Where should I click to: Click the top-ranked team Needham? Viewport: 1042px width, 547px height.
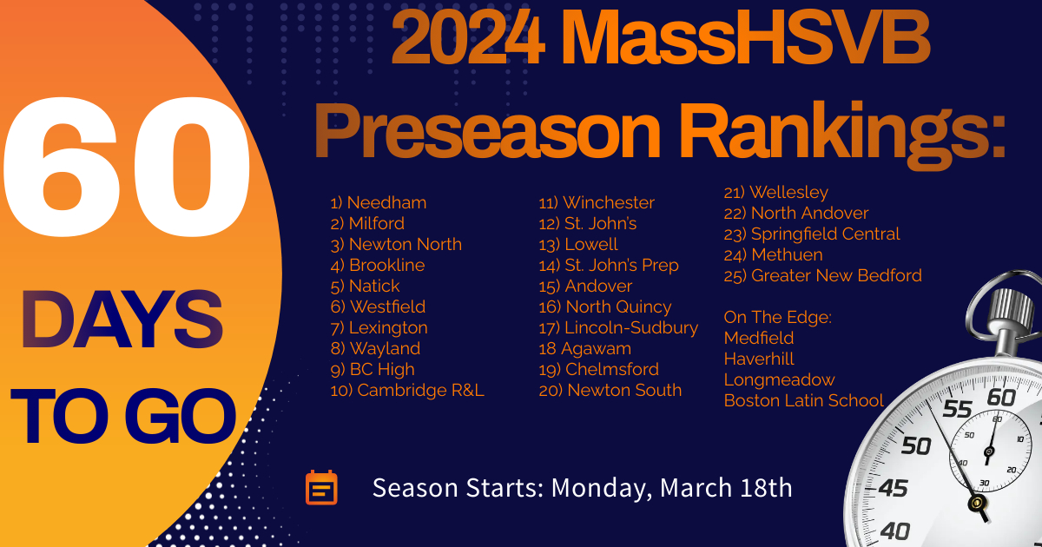pos(379,203)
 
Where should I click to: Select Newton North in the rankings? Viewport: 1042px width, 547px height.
pos(396,245)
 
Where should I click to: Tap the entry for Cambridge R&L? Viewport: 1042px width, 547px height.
pos(407,390)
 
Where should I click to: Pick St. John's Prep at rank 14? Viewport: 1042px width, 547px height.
pos(609,266)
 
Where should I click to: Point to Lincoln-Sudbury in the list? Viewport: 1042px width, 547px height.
pos(618,328)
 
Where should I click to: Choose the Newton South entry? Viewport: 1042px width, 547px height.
pos(610,390)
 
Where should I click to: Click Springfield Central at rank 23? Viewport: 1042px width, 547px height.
pos(812,234)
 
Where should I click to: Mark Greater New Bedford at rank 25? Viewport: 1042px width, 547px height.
pos(822,276)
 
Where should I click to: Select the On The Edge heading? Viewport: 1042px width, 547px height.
pos(777,317)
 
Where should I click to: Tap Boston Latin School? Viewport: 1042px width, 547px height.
pos(803,400)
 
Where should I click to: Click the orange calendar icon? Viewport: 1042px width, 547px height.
pos(321,487)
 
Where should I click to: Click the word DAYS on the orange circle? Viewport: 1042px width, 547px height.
pos(122,320)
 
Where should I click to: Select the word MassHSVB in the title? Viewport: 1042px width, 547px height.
pos(746,37)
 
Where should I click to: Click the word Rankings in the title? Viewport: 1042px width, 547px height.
pos(844,133)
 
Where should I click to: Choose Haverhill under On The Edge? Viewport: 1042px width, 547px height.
pos(759,359)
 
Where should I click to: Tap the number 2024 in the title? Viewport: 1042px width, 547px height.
pos(468,37)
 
